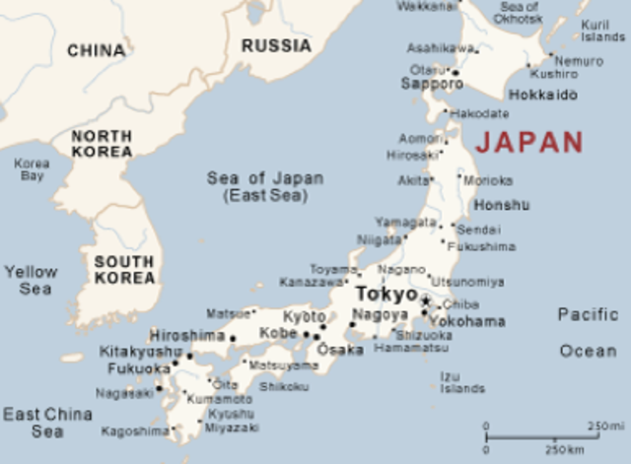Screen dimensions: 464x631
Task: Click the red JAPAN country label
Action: coord(528,142)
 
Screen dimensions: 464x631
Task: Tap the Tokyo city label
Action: coord(386,295)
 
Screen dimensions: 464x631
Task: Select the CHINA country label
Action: coord(96,50)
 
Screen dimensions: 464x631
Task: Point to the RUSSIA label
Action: coord(276,45)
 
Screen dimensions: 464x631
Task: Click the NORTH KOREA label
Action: coord(102,144)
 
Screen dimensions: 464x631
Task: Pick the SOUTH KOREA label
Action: coord(124,270)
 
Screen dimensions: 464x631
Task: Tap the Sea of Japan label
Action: coord(264,186)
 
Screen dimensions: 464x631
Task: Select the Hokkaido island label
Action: coord(542,96)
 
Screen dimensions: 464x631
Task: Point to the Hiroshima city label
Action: coord(187,335)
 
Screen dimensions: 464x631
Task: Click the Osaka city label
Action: coord(341,350)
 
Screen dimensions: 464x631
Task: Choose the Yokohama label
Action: coord(468,321)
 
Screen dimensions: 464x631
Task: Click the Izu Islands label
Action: coord(461,382)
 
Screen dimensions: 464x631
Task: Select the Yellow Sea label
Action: coord(31,280)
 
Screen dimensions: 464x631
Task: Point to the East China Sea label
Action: coord(46,423)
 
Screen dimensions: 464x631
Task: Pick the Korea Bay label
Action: coord(32,169)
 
